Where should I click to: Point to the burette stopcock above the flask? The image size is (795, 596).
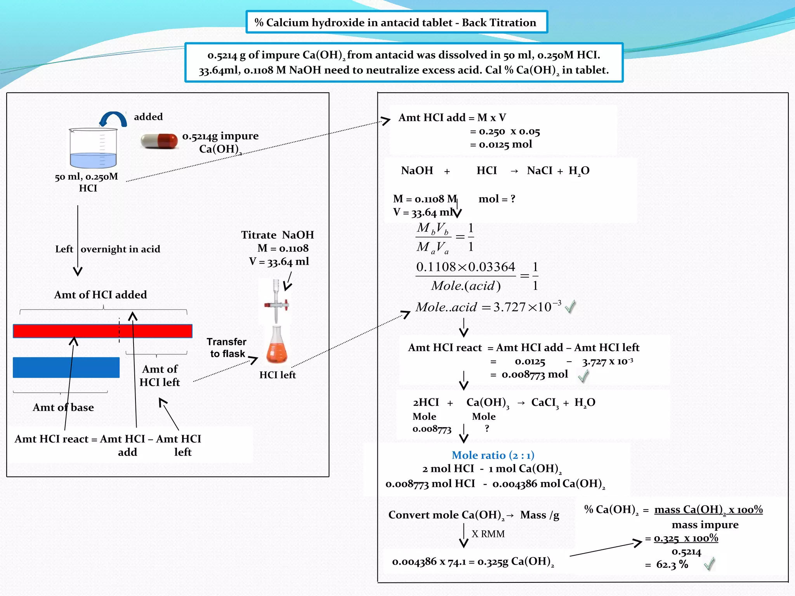(x=276, y=305)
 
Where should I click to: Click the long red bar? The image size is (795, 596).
(x=102, y=331)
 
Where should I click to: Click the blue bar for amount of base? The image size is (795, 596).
(x=66, y=367)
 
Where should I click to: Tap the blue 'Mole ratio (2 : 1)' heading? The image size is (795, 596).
(x=493, y=455)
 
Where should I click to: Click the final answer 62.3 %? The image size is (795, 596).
(x=672, y=565)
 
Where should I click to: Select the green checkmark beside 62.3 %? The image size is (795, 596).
(x=709, y=563)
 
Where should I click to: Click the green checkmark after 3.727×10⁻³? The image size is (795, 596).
(x=570, y=307)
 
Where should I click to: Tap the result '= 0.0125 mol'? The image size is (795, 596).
(x=501, y=144)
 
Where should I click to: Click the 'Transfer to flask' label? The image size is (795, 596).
(x=227, y=348)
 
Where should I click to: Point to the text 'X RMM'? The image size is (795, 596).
(x=488, y=534)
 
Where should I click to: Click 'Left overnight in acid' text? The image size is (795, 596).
(x=108, y=249)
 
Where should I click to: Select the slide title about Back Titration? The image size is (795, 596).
(x=396, y=23)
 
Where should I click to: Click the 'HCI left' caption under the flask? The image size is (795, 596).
(x=277, y=375)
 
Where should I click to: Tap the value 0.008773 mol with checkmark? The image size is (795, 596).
(x=535, y=374)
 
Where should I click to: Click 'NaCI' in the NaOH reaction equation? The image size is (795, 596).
(x=539, y=171)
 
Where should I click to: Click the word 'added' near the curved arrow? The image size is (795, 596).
(x=148, y=117)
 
